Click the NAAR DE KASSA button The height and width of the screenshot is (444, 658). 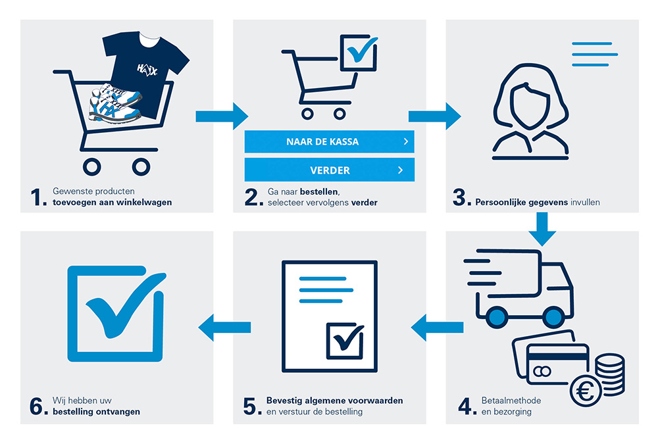pyautogui.click(x=329, y=141)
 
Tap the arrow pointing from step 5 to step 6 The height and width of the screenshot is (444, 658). pyautogui.click(x=224, y=327)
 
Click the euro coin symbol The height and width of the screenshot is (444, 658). pyautogui.click(x=585, y=393)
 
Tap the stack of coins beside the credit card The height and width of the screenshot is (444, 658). pyautogui.click(x=608, y=372)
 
